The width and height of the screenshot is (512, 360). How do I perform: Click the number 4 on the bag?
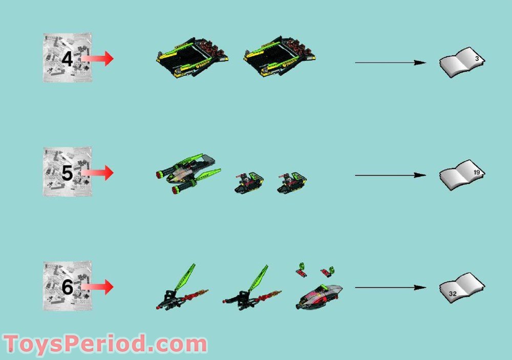point(67,60)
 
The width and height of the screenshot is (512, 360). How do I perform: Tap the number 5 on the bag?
point(67,173)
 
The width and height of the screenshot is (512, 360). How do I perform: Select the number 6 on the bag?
point(67,287)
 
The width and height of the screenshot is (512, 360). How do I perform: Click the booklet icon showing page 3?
point(462,62)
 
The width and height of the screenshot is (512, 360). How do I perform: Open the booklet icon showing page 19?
point(462,175)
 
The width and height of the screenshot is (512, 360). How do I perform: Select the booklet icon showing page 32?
point(462,288)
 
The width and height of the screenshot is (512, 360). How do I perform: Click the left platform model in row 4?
point(192,57)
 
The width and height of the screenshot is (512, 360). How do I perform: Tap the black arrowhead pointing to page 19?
point(420,175)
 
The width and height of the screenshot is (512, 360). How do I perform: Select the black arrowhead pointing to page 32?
point(420,287)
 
